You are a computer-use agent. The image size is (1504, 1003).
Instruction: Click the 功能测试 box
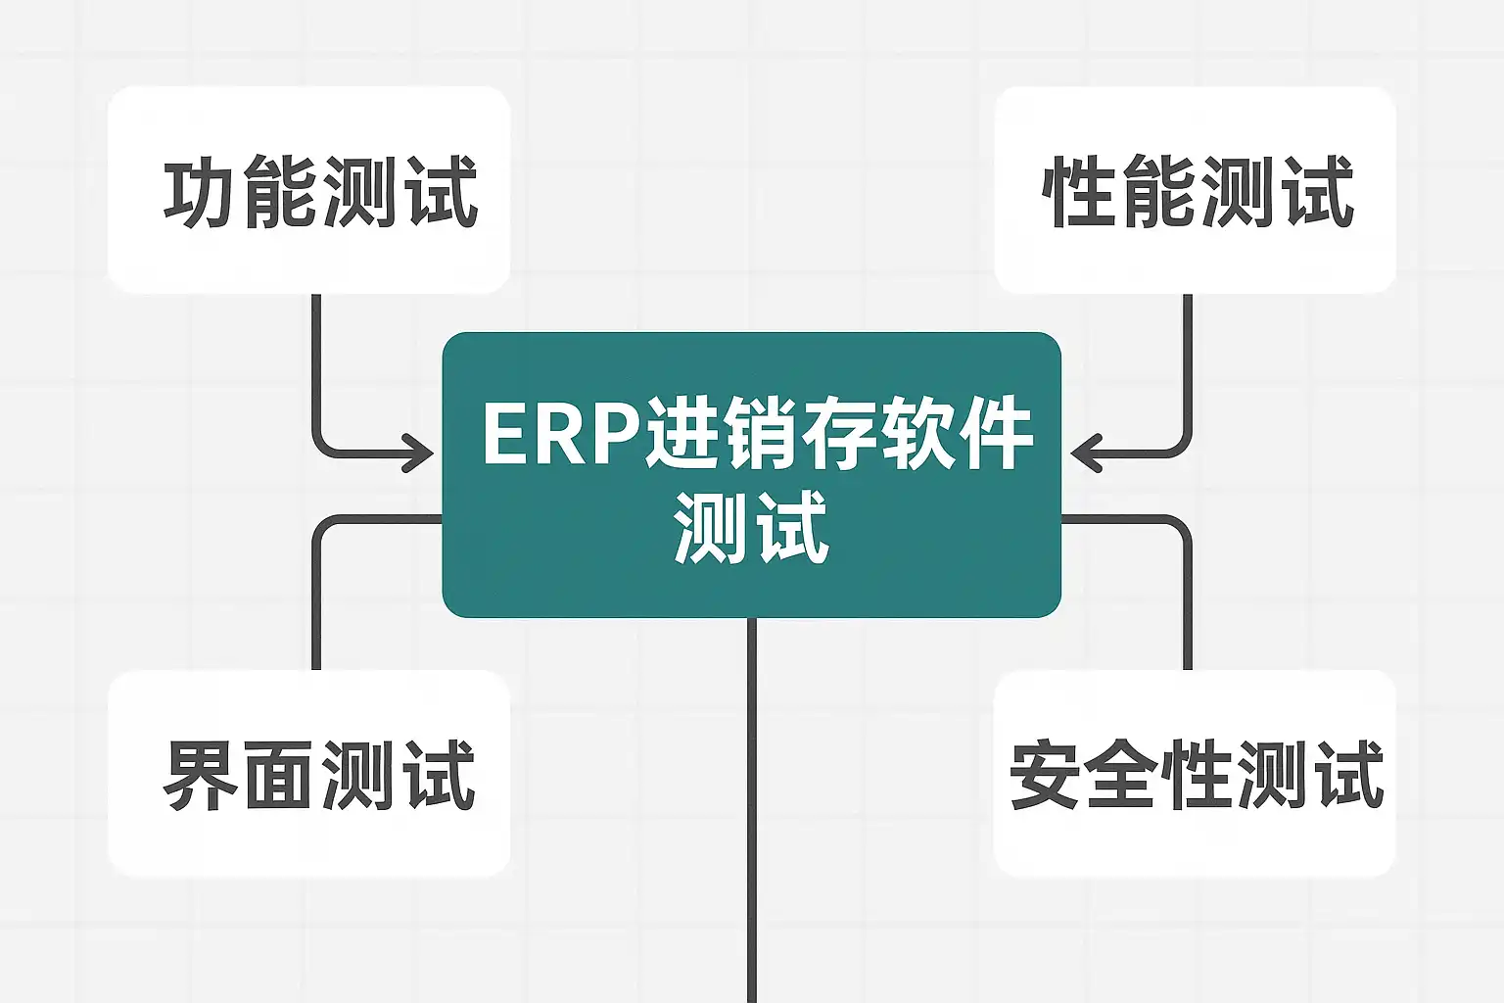[x=308, y=190]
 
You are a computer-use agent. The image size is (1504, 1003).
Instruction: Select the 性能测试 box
[x=1195, y=190]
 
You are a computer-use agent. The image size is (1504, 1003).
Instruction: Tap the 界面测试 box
[x=308, y=774]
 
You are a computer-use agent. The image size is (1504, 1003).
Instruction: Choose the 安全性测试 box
[x=1195, y=774]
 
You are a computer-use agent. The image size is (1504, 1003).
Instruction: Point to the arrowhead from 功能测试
[x=422, y=454]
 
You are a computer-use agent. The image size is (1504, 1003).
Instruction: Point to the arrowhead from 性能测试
[x=1083, y=454]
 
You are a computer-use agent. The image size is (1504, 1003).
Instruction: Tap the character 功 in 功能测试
[x=200, y=192]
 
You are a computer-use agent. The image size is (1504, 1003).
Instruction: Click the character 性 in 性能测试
[x=1080, y=192]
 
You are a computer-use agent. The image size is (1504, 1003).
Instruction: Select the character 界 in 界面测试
[x=200, y=775]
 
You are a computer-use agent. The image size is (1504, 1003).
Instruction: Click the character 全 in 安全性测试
[x=1120, y=775]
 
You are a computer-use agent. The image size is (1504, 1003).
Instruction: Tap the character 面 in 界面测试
[x=278, y=775]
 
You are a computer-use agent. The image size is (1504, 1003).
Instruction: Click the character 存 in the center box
[x=837, y=435]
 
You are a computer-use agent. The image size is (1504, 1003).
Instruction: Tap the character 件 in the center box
[x=996, y=435]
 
